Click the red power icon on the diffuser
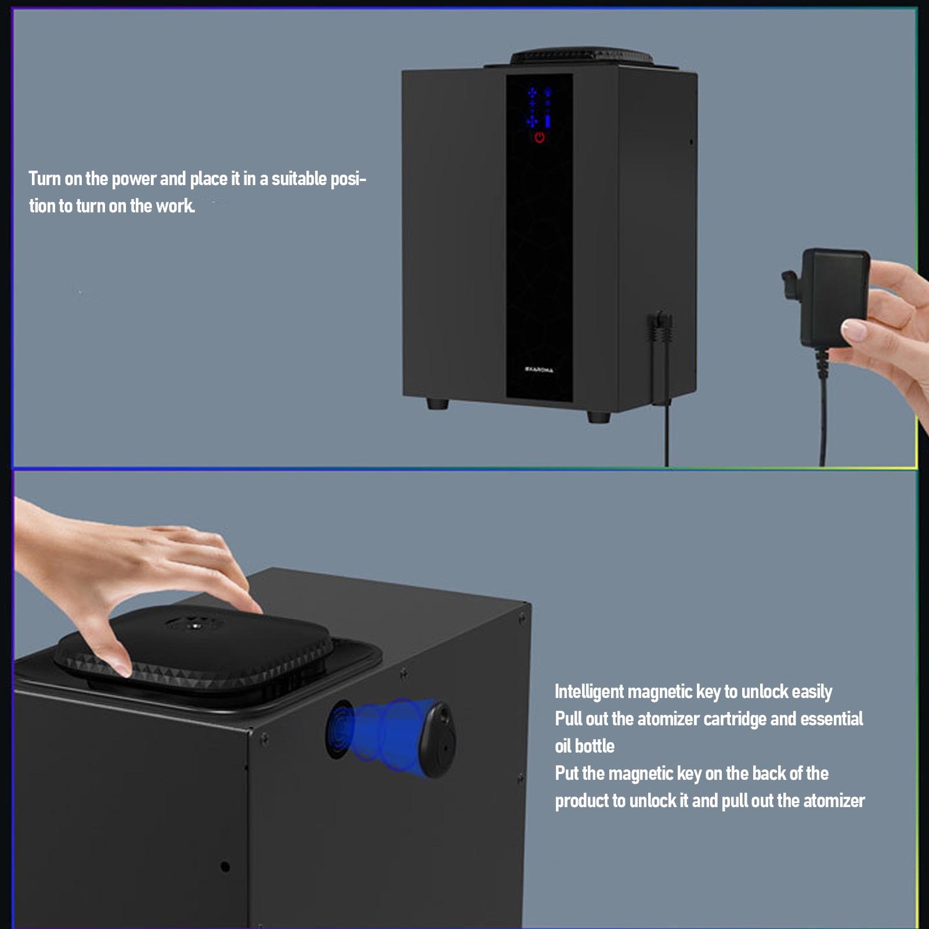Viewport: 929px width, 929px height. [x=539, y=138]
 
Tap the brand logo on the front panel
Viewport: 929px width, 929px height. [x=539, y=369]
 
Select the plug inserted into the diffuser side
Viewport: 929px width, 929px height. [x=661, y=334]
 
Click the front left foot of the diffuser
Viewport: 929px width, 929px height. [x=437, y=403]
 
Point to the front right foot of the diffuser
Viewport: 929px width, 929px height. [x=598, y=416]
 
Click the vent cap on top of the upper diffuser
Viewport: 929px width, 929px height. [x=581, y=57]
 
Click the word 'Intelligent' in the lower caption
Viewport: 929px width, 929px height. [x=589, y=692]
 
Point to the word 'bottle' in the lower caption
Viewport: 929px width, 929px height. [x=595, y=746]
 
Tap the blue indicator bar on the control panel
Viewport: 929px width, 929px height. [x=548, y=121]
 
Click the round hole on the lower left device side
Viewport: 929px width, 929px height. [x=225, y=867]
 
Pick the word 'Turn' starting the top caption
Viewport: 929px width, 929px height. [x=45, y=179]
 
